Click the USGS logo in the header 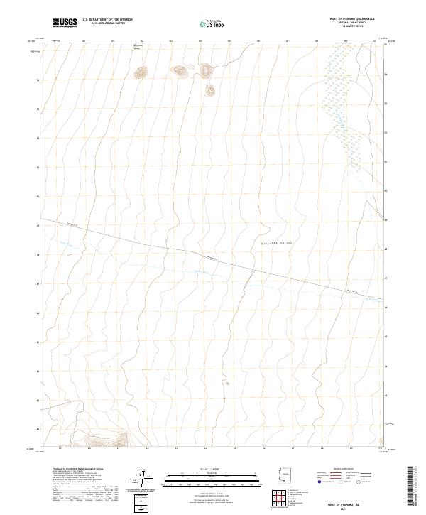(65, 23)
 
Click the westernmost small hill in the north (141, 72)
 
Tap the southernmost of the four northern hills (210, 90)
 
